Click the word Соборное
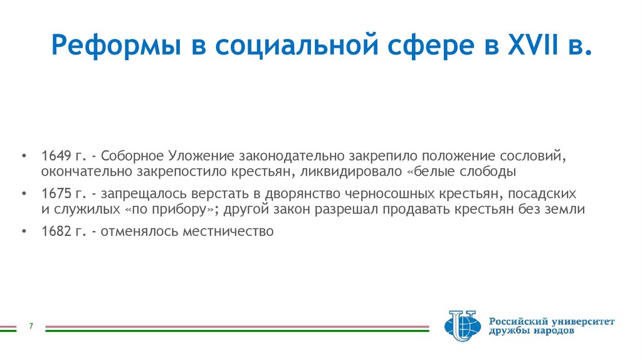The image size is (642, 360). coord(129,156)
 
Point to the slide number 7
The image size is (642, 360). coord(30,327)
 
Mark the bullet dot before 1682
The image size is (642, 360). coord(24,231)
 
